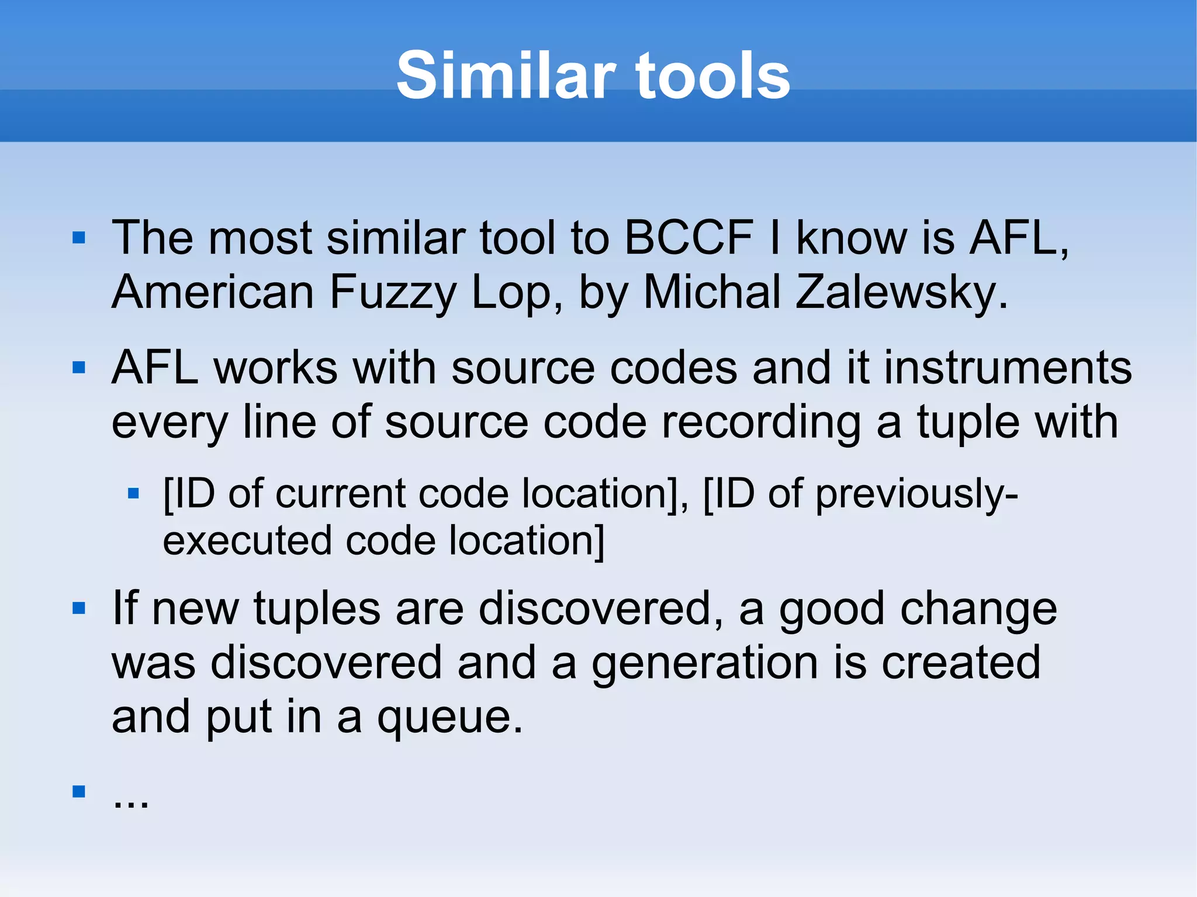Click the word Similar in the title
[506, 75]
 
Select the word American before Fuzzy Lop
[213, 292]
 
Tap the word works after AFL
[275, 368]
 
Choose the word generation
[705, 663]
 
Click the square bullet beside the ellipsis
[79, 791]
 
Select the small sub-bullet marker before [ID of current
[133, 494]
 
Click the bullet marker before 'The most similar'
[79, 237]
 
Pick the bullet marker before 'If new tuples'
[79, 608]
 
